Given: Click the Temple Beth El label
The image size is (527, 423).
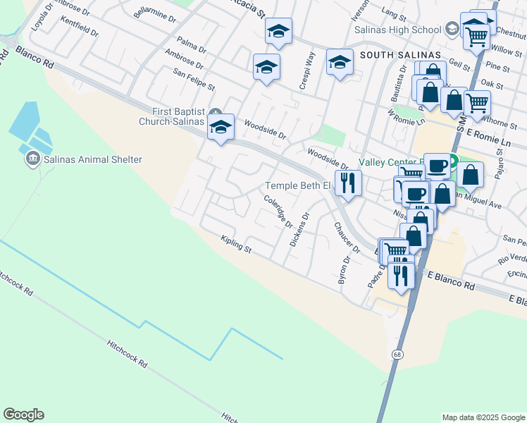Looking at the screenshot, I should (x=297, y=186).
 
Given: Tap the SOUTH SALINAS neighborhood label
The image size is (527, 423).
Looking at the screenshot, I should (x=400, y=55).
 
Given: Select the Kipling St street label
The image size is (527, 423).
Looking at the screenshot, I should (x=236, y=244).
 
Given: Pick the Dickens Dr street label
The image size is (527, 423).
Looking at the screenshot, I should (x=299, y=230).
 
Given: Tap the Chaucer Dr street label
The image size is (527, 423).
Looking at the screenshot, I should (x=347, y=237).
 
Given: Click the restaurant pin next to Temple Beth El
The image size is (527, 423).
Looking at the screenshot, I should (x=347, y=183).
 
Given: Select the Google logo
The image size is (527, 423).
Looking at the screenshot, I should (x=23, y=415).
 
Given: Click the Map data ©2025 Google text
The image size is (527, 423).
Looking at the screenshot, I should (x=483, y=417).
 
